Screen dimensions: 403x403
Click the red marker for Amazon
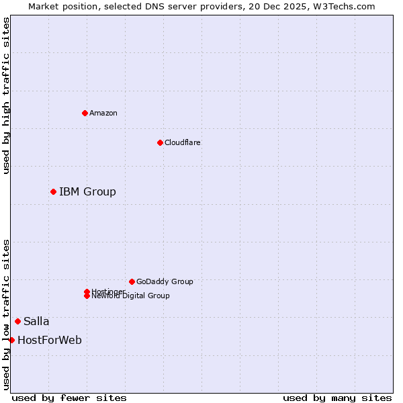[x=85, y=113]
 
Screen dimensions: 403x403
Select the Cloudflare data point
[x=160, y=142]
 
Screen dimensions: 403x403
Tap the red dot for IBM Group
[x=53, y=192]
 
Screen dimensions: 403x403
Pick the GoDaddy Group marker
[x=132, y=281]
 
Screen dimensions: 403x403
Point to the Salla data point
[x=17, y=321]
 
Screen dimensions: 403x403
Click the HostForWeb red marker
[x=11, y=340]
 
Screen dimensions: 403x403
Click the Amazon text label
[x=103, y=113]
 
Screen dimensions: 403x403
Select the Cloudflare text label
[x=182, y=142]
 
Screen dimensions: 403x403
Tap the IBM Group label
[x=87, y=192]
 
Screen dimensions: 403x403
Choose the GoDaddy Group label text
[x=165, y=281]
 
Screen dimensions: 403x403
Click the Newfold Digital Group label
[x=130, y=296]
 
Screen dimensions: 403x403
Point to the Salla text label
[x=36, y=321]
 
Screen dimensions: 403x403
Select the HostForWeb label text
[x=50, y=340]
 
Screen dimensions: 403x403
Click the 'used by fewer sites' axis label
[x=69, y=398]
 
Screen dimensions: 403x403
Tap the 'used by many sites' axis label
[x=337, y=398]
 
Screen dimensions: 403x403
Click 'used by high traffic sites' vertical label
[x=6, y=95]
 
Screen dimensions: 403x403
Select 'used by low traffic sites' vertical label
[x=6, y=314]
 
